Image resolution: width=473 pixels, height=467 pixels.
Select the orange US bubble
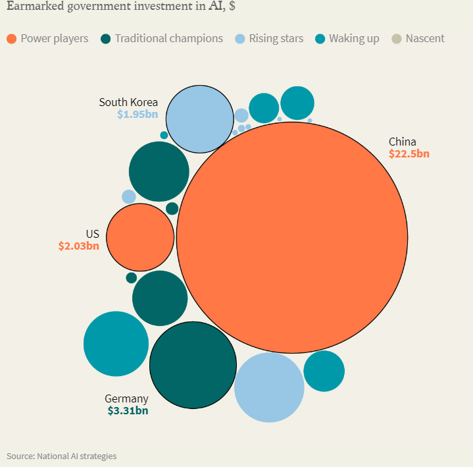[x=140, y=237]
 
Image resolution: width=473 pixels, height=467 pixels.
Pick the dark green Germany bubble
[x=193, y=365]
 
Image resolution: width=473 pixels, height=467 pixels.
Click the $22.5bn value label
[x=409, y=154]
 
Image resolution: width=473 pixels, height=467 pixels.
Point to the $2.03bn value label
[x=78, y=246]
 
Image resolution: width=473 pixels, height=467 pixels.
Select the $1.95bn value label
[x=137, y=114]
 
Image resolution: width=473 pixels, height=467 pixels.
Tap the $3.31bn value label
[x=128, y=410]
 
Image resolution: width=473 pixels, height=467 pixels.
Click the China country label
[x=402, y=142]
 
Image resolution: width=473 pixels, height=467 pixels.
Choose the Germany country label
[x=126, y=398]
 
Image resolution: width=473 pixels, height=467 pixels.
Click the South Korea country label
[x=128, y=102]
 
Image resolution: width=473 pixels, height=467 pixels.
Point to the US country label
[x=92, y=234]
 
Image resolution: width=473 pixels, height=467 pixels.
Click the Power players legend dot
[x=11, y=39]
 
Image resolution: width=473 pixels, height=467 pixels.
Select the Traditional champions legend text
[x=168, y=38]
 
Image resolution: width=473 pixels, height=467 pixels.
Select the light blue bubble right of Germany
[x=269, y=387]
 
